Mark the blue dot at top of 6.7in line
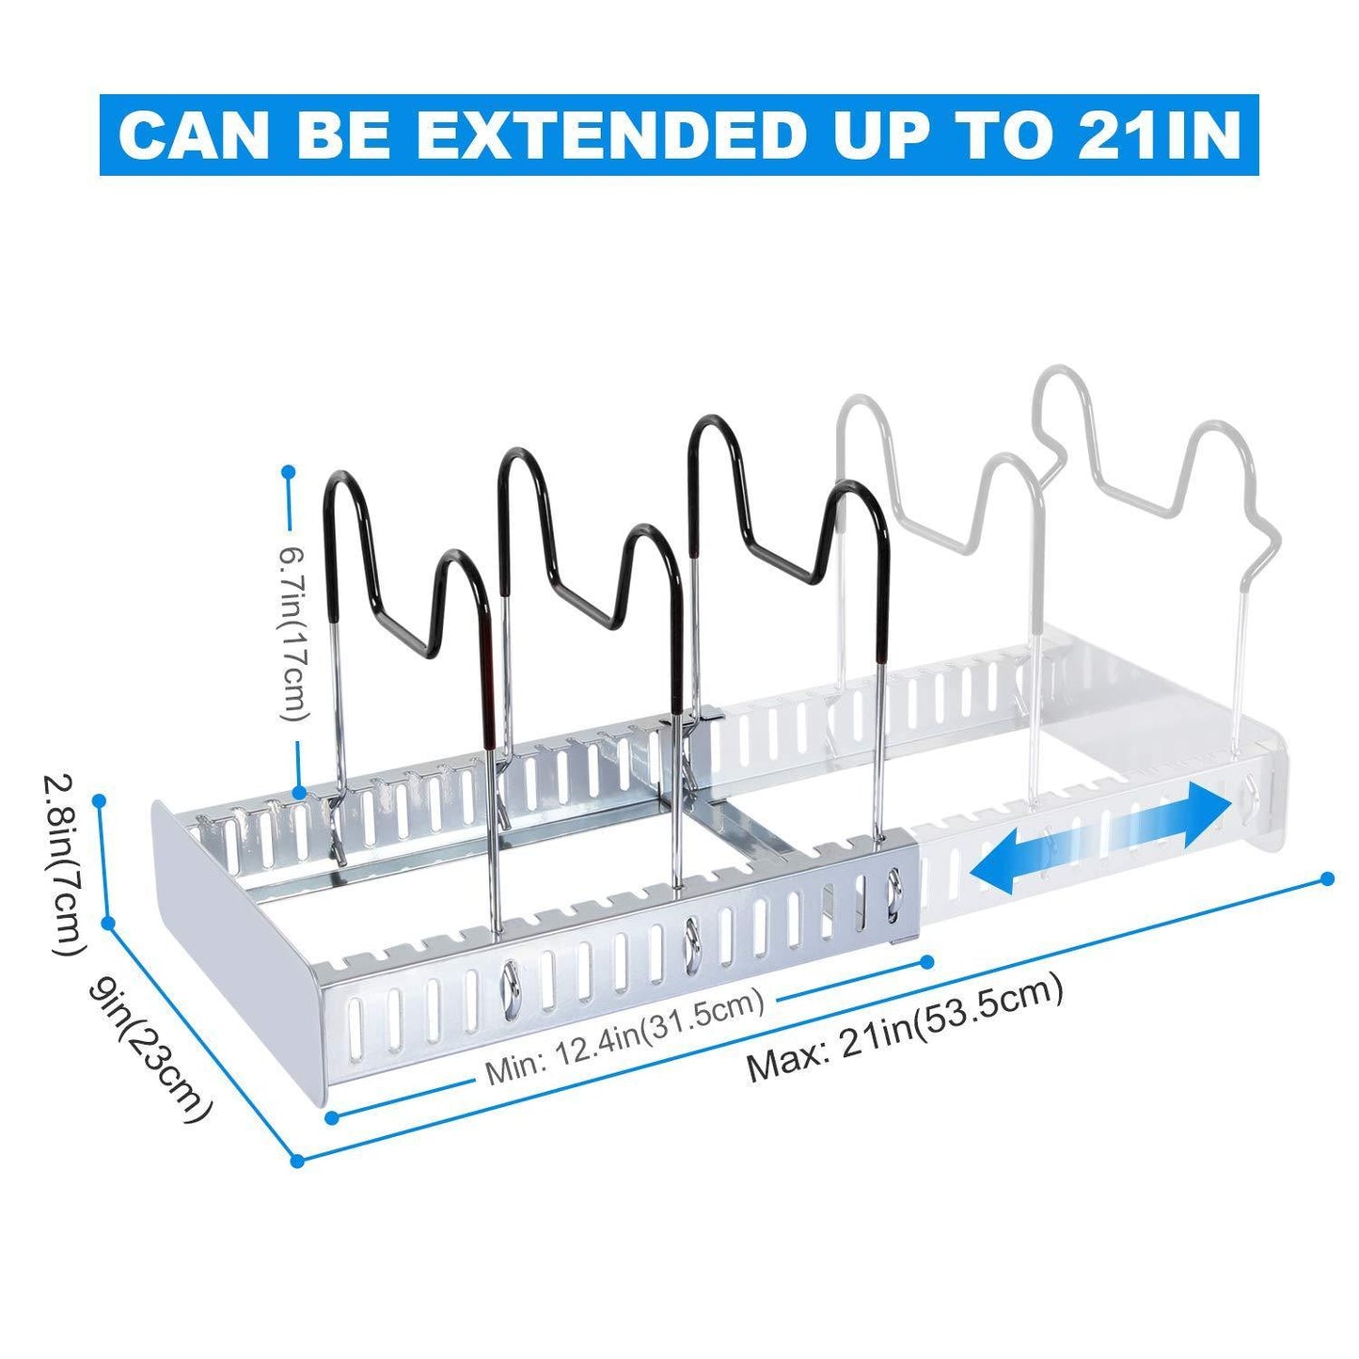tap(287, 469)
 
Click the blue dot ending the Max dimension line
tap(1327, 878)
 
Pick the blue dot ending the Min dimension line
tap(928, 961)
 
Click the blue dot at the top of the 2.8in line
tap(100, 800)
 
